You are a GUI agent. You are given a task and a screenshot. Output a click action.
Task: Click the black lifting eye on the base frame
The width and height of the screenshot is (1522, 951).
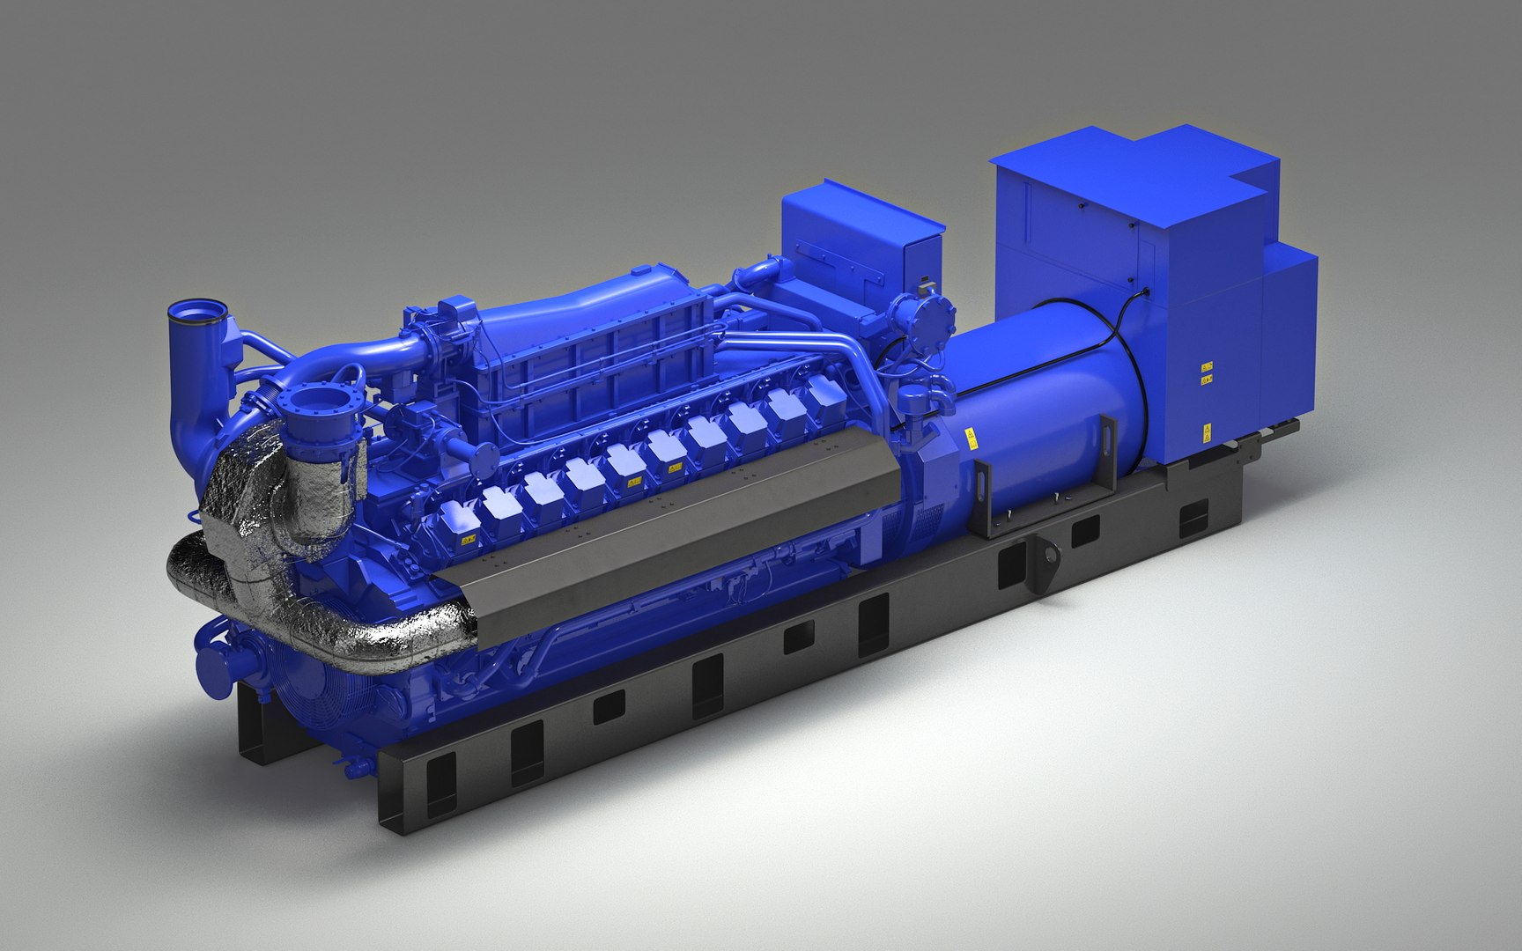pos(1049,557)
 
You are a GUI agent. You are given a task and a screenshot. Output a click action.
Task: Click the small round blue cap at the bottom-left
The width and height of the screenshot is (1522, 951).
pos(214,662)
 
